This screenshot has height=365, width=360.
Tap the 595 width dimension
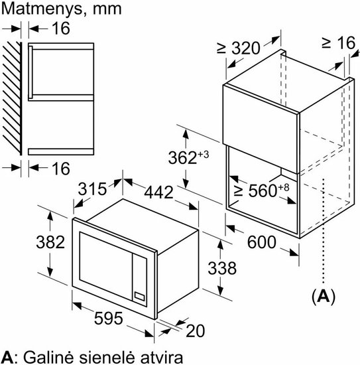point(108,318)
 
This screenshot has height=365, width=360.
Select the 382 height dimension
point(50,242)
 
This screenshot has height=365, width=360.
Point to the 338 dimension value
point(222,268)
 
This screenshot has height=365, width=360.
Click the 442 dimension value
point(159,192)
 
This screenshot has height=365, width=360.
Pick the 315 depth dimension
point(92,188)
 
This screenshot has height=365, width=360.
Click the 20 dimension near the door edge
point(196,330)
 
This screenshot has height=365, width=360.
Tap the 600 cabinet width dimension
point(262,242)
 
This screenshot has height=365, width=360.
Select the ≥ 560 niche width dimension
point(261,190)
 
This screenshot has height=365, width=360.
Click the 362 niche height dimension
point(188,157)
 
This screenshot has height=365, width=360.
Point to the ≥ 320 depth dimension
point(238,48)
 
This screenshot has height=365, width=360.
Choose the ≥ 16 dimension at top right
point(339,42)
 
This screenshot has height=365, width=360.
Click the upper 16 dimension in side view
point(61,29)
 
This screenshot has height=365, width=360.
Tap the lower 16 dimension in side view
point(61,169)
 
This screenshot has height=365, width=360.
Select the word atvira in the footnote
point(161,357)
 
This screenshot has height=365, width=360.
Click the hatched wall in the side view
point(12,98)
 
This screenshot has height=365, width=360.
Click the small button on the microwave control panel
point(139,297)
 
